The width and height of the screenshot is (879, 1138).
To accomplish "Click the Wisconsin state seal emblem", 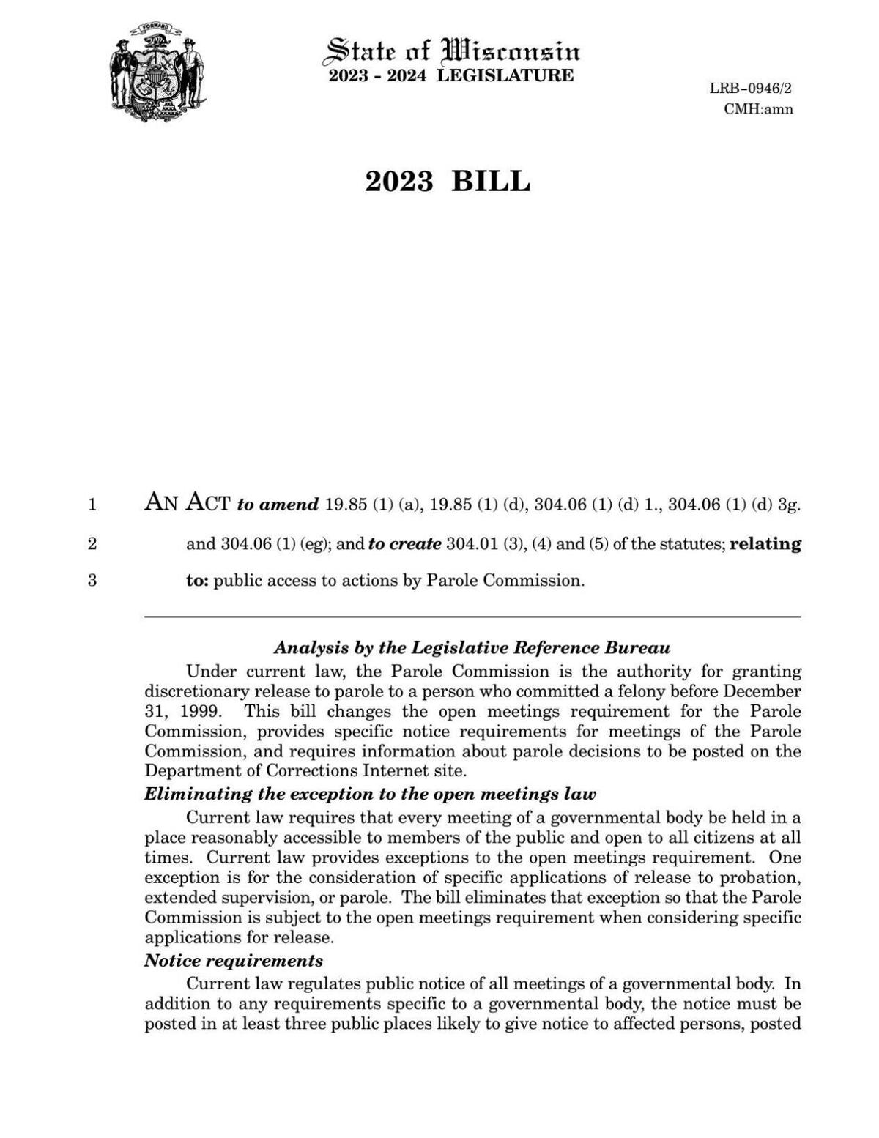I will (x=157, y=72).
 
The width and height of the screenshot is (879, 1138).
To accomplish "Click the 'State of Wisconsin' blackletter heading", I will (x=452, y=51).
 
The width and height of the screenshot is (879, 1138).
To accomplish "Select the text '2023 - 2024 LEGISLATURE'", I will (x=450, y=75).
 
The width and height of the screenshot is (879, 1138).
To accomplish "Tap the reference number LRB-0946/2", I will (x=750, y=89).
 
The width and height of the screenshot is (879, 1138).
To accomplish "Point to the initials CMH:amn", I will (x=757, y=109).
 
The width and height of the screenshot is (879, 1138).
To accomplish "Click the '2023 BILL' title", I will (x=447, y=181).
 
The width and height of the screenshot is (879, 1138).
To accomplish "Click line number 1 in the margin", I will (x=92, y=505).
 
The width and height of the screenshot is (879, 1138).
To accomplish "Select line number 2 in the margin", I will (x=92, y=544).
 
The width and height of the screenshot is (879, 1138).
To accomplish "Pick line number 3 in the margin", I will (x=92, y=581).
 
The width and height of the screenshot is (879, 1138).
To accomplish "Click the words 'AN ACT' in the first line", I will (x=188, y=502).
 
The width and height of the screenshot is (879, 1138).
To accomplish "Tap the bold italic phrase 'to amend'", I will (x=278, y=505).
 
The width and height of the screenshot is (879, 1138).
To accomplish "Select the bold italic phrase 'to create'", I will (x=404, y=544).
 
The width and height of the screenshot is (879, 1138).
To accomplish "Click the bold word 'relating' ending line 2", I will (x=765, y=544).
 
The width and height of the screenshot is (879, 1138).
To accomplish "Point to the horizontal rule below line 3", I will (x=472, y=617).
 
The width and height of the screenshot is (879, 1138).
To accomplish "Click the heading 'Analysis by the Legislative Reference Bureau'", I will (x=472, y=648).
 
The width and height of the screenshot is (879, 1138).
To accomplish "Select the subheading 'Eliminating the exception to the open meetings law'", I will (x=370, y=795).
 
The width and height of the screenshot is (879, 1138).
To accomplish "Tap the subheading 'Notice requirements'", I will (x=234, y=961).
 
